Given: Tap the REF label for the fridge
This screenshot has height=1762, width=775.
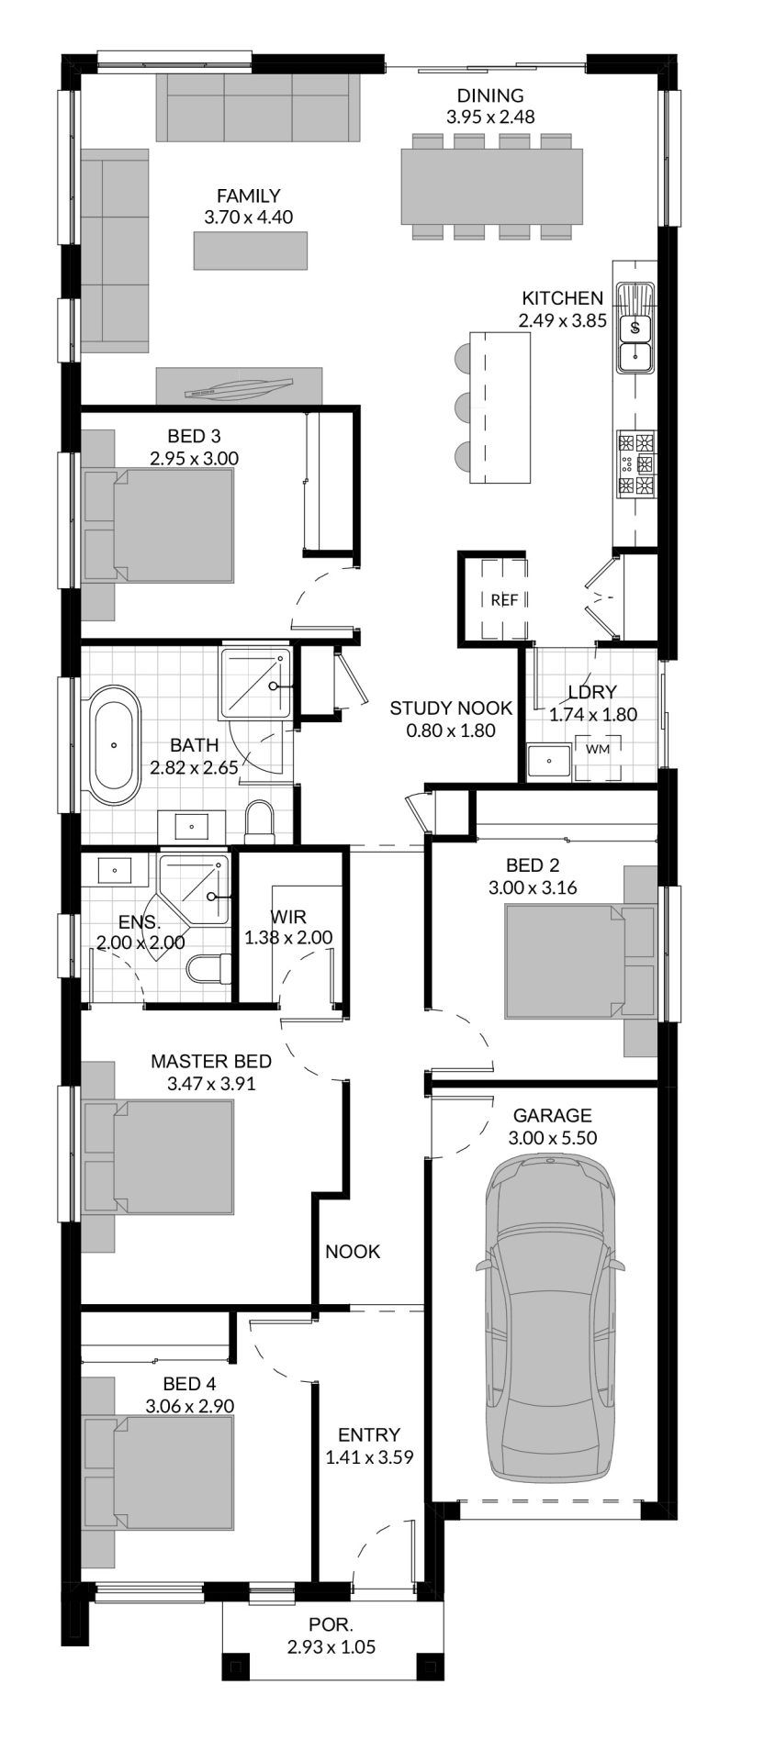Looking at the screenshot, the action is coord(504,600).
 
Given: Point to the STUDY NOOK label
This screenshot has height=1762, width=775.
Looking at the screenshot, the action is coord(450,708).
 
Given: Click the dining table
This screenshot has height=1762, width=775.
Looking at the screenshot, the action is coord(491,187).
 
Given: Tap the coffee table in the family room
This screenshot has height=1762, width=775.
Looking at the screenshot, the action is coord(251,251).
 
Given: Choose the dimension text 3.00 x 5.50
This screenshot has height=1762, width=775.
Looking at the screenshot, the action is coord(552,1138).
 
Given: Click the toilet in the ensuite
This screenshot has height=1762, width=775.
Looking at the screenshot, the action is coord(208,969).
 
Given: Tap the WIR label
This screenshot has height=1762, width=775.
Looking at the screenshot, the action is coord(288,916).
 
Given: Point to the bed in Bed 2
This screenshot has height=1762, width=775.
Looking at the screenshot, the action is coord(580,961).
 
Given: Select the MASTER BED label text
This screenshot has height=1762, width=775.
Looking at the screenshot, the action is coord(211,1062).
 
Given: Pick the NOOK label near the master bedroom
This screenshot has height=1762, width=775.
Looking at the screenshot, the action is coord(353,1252).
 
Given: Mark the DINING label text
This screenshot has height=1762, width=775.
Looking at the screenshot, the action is coord(490,95).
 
